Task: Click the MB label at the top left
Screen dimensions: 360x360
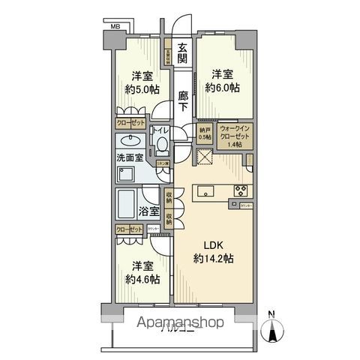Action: (113, 28)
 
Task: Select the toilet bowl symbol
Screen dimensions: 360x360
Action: (161, 144)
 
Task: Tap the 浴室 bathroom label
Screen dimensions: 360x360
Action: (149, 212)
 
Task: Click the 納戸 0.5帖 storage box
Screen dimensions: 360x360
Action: (205, 133)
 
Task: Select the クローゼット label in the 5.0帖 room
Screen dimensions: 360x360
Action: (130, 123)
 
